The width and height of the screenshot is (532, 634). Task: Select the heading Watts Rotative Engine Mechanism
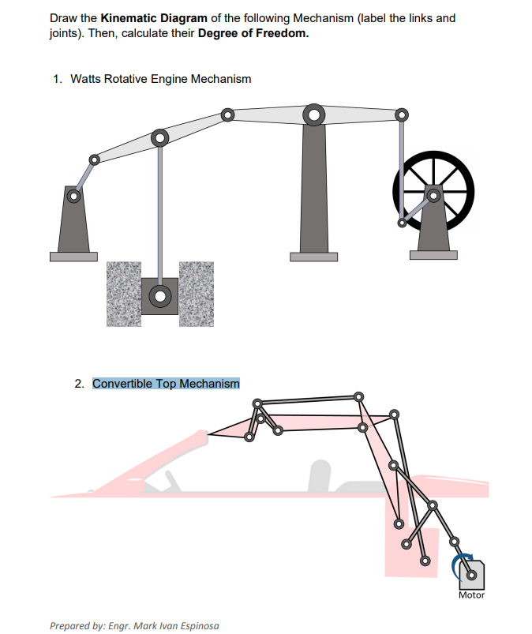coord(161,79)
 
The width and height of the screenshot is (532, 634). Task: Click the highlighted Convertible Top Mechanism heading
coord(166,384)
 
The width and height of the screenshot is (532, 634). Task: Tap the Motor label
coord(471,595)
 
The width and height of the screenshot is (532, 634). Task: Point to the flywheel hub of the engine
coord(433,195)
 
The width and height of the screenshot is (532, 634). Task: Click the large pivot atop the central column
coord(313,115)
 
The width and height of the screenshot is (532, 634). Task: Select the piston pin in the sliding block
coord(160,297)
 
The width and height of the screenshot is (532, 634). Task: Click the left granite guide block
coord(124,293)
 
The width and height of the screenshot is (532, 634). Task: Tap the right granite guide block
coord(197,293)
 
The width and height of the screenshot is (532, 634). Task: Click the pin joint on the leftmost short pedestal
coord(73,195)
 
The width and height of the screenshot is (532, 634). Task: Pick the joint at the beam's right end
coord(403,115)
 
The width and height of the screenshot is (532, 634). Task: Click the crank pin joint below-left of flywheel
coord(402,223)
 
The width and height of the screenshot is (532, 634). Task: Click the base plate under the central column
coord(313,257)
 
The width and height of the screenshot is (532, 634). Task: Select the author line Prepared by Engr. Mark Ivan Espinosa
coord(133,625)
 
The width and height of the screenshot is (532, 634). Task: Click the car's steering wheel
coord(170,478)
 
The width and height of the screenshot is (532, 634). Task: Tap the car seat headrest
coord(319,471)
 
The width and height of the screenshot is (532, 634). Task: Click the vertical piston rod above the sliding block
coord(160,213)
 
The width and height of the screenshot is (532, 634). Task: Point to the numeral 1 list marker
coord(56,79)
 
